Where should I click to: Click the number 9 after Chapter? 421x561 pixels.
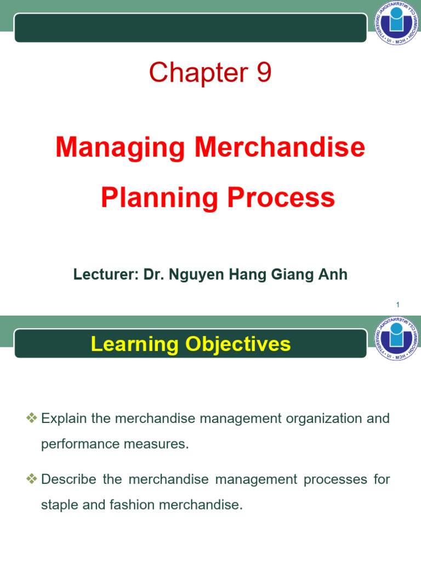click(264, 72)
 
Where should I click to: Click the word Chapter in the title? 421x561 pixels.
click(198, 72)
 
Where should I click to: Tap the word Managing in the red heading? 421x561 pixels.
click(120, 148)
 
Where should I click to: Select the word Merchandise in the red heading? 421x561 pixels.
click(280, 147)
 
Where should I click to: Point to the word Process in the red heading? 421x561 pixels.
click(281, 197)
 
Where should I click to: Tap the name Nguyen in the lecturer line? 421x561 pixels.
click(197, 275)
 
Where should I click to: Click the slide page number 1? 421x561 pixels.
click(398, 305)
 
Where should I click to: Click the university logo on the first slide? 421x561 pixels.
click(396, 23)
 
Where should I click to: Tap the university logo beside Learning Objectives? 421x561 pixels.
click(396, 339)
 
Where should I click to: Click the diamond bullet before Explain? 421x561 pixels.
click(31, 417)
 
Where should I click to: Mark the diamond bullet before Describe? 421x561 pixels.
click(31, 478)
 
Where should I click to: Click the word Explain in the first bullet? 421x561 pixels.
click(64, 419)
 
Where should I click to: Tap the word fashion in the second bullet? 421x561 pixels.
click(132, 505)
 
